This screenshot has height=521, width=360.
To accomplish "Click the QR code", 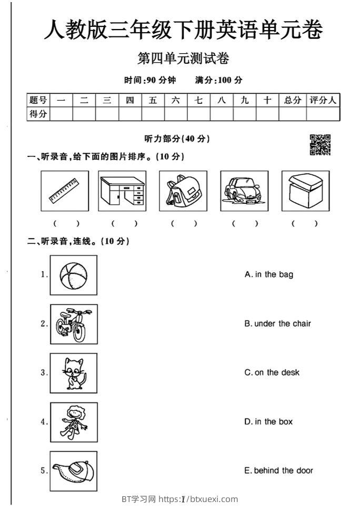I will pyautogui.click(x=320, y=145).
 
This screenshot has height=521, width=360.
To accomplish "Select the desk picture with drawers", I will pyautogui.click(x=122, y=191).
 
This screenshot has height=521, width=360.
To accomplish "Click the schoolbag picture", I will pyautogui.click(x=183, y=191).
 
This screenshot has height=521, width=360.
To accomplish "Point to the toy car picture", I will pyautogui.click(x=244, y=191).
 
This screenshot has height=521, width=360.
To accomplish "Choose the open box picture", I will pyautogui.click(x=305, y=191).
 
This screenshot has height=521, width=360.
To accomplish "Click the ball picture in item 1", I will pyautogui.click(x=73, y=275).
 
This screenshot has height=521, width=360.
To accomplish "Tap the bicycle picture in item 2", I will pyautogui.click(x=73, y=324).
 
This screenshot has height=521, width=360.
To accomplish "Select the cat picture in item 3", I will pyautogui.click(x=73, y=373).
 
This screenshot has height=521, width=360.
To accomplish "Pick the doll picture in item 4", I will pyautogui.click(x=73, y=422).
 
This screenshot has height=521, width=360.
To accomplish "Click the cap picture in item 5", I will pyautogui.click(x=73, y=471).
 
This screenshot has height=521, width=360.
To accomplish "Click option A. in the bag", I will pyautogui.click(x=269, y=274).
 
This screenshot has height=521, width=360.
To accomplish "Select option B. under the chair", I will pyautogui.click(x=277, y=323).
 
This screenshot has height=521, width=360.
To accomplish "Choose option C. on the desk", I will pyautogui.click(x=272, y=372).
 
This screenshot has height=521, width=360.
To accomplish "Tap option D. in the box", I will pyautogui.click(x=268, y=421).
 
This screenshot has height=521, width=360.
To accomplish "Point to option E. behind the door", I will pyautogui.click(x=278, y=470).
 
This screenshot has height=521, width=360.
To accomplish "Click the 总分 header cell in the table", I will pyautogui.click(x=293, y=100).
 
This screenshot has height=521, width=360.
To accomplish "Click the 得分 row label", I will pyautogui.click(x=38, y=114).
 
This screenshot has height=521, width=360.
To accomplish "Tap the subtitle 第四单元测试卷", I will pyautogui.click(x=183, y=59).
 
